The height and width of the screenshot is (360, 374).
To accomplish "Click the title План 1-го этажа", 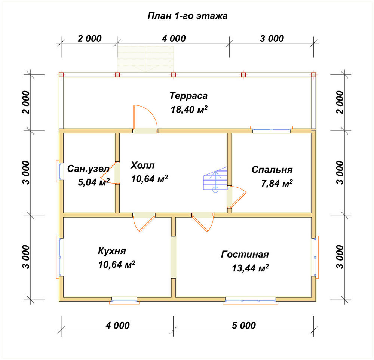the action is coord(187,16).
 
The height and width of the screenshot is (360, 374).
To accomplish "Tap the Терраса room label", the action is coord(188,96).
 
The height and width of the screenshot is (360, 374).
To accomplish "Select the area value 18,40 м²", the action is coord(189,110).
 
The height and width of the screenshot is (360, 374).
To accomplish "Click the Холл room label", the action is coord(142,165).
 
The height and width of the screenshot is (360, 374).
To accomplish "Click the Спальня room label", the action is coord(272,169).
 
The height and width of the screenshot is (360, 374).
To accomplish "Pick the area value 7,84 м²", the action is coord(277,183).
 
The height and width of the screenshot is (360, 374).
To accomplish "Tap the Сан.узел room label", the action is coord(88,169).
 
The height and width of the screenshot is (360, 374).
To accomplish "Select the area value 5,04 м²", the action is coord(94,182).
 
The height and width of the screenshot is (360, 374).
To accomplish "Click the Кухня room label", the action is coord(112,251).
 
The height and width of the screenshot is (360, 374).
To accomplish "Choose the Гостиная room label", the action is coord(245,254).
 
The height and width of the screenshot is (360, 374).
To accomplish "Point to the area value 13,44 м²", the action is coord(250,268).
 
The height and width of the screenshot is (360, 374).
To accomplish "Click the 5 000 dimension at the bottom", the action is coord(244,326).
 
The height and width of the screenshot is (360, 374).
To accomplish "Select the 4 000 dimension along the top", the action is coord(174,39).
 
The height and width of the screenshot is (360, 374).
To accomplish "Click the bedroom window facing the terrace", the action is coord(272,129).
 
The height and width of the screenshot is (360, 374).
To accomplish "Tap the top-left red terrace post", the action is coord(61,75).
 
